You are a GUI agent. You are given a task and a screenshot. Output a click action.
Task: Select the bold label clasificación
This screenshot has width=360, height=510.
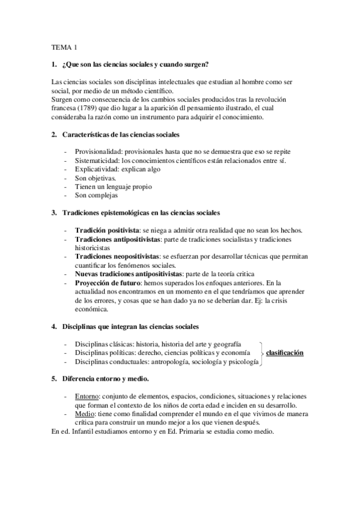(x=285, y=352)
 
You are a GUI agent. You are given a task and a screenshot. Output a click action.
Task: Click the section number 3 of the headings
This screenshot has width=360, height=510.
(x=54, y=213)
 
